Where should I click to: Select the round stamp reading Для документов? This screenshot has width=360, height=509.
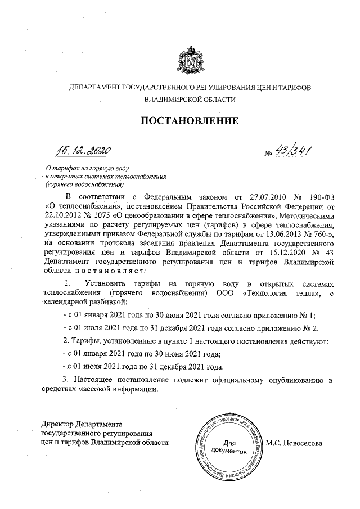[228, 446]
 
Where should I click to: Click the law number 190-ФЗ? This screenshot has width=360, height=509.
[318, 197]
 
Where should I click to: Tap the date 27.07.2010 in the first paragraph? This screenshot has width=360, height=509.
[256, 197]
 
